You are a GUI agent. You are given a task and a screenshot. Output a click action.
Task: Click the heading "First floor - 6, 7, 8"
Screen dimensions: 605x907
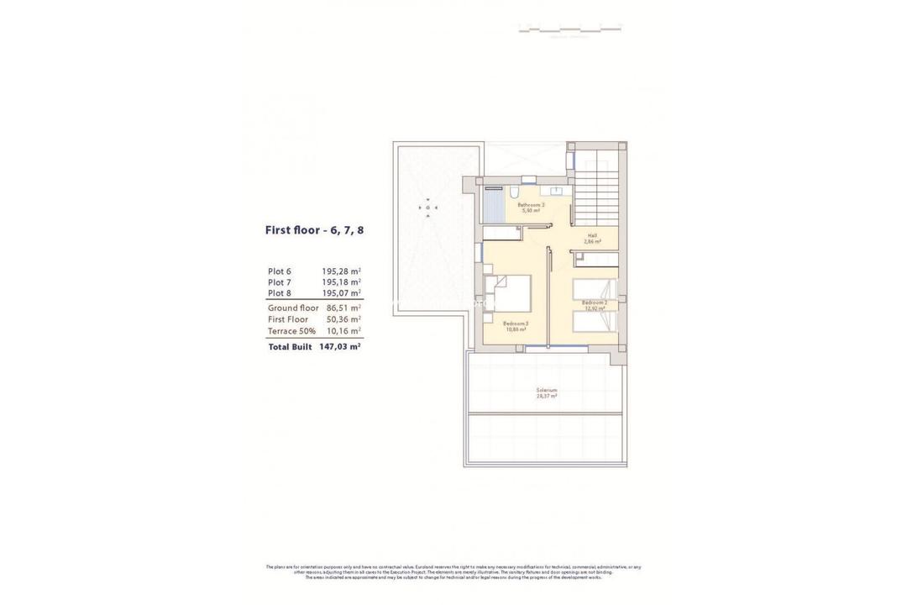tap(314, 229)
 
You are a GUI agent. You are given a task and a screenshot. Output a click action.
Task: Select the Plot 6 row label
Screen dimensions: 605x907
tap(280, 271)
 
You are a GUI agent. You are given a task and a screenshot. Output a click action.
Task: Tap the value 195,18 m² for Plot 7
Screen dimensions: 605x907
tap(341, 282)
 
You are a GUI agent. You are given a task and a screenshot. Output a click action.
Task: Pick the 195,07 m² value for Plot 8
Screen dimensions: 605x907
tap(341, 293)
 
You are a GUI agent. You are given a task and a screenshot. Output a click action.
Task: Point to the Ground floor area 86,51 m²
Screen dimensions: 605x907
tap(343, 308)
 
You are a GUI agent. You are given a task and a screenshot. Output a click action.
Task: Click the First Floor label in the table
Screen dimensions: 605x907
tap(288, 319)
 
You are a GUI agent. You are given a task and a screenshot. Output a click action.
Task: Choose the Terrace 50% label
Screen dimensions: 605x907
tap(291, 331)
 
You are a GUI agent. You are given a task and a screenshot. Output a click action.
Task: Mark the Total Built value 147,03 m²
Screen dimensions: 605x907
tap(339, 346)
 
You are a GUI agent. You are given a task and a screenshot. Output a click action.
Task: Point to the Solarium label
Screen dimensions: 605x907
tap(547, 392)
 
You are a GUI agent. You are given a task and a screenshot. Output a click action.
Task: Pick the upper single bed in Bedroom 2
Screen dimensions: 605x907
tap(595, 288)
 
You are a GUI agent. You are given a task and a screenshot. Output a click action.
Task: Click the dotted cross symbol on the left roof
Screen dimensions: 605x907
tap(428, 207)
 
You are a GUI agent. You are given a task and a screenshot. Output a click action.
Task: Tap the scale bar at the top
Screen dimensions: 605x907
tap(569, 29)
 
